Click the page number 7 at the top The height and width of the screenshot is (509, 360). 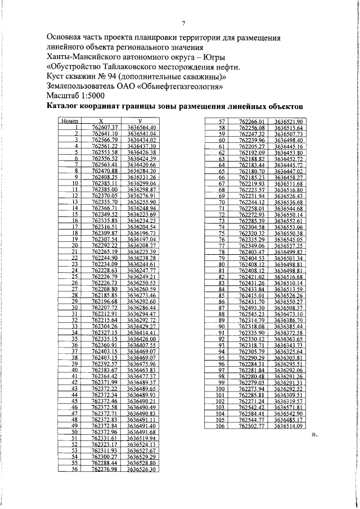click(183, 23)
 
